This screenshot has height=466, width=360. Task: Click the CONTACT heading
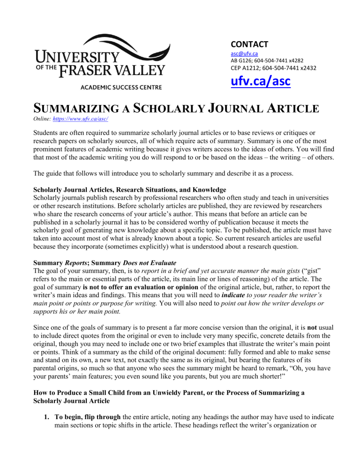coord(249,44)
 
